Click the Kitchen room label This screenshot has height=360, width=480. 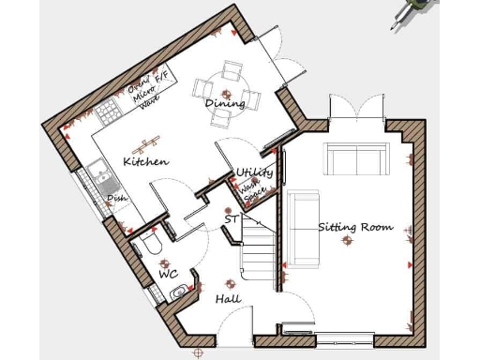145,161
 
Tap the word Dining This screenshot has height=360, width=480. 225,103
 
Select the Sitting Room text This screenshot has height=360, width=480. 354,227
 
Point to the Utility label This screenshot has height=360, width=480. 254,172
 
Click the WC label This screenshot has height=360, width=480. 168,274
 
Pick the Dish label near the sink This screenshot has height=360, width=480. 116,198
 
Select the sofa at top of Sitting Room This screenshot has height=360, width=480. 356,158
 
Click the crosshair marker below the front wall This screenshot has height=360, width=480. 197,353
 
